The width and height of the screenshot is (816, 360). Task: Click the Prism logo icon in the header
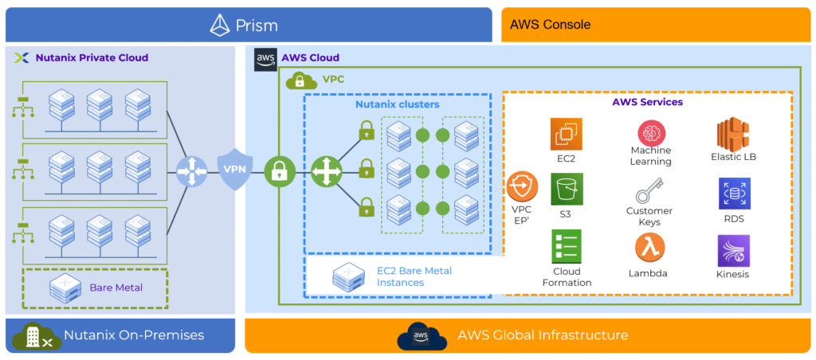(x=220, y=25)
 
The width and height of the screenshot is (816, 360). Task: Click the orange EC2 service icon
(x=567, y=134)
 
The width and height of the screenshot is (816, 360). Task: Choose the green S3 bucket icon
(x=567, y=190)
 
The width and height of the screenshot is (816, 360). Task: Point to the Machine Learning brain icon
(x=651, y=131)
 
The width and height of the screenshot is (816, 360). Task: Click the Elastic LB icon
(x=733, y=132)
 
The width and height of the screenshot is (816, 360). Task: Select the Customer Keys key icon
(x=651, y=191)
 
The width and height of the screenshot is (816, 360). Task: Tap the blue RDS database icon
(x=733, y=194)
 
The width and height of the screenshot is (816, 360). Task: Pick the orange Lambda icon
(x=651, y=248)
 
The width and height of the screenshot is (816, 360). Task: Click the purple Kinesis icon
(x=733, y=251)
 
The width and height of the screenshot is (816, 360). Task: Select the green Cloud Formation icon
(x=567, y=246)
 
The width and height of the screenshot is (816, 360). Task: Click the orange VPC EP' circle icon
(x=523, y=186)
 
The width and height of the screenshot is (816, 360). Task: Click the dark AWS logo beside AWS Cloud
(x=265, y=59)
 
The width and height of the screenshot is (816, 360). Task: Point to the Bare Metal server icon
(x=64, y=287)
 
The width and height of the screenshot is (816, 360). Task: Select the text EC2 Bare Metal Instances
(x=414, y=276)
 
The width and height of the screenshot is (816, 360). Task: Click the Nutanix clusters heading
(x=396, y=104)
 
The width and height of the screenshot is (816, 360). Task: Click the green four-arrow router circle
(x=325, y=170)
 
